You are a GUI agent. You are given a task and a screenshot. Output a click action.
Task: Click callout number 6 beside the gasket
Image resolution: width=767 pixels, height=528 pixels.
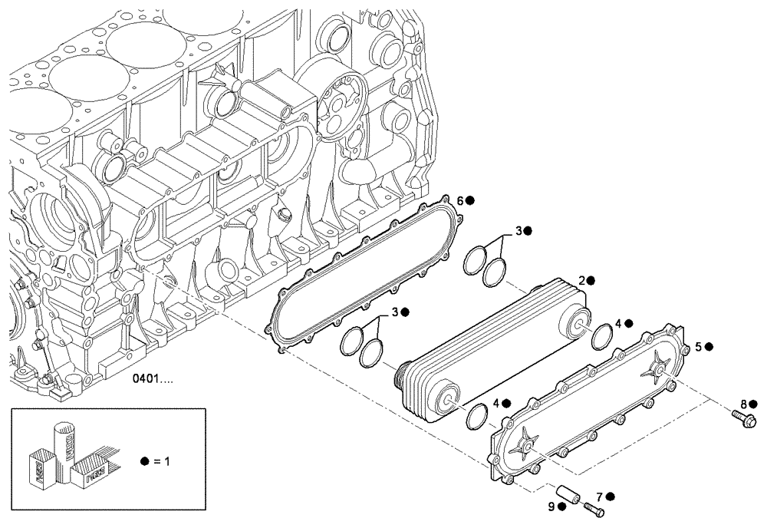tap(460, 200)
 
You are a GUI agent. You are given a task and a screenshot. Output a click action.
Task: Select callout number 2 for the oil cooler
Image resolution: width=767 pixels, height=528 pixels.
tap(582, 281)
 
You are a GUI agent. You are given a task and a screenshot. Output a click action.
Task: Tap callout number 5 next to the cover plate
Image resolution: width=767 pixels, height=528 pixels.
tap(698, 346)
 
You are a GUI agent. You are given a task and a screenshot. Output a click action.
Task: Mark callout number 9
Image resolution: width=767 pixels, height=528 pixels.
tap(552, 507)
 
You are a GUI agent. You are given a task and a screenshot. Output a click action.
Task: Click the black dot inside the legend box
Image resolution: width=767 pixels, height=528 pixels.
tap(145, 462)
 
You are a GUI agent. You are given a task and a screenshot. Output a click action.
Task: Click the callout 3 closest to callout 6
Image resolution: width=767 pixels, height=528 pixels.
tap(518, 230)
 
